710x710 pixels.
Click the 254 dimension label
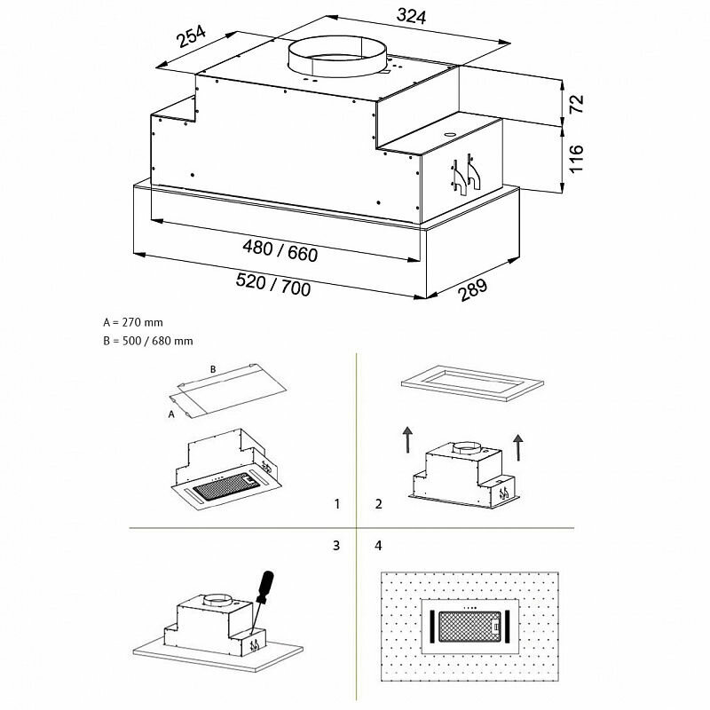(192, 38)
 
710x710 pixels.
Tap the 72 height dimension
(577, 102)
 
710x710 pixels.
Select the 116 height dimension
(577, 158)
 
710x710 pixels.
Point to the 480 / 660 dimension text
(280, 252)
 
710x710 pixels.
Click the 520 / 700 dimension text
(273, 285)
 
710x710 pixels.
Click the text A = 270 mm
(133, 323)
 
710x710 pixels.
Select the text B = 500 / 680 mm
(147, 341)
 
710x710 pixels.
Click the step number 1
(337, 504)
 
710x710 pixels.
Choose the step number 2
(379, 504)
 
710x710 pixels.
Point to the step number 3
(337, 544)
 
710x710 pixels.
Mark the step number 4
(379, 544)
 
